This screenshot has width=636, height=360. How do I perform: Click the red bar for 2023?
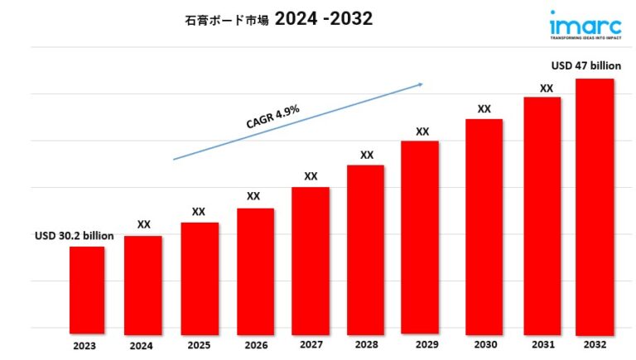tap(86, 288)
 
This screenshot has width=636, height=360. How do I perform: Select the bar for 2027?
tap(311, 258)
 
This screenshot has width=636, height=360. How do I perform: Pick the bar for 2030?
tap(484, 224)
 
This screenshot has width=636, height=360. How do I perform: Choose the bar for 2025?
tap(200, 276)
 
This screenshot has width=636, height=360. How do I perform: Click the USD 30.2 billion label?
tap(74, 236)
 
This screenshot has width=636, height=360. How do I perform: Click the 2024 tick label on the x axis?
tap(142, 345)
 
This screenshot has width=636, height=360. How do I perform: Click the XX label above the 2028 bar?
tap(367, 155)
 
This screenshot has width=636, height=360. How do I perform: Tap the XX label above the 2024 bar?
tap(143, 224)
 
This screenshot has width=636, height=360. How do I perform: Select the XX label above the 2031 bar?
tap(547, 88)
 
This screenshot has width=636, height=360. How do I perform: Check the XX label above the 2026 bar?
tap(253, 196)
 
